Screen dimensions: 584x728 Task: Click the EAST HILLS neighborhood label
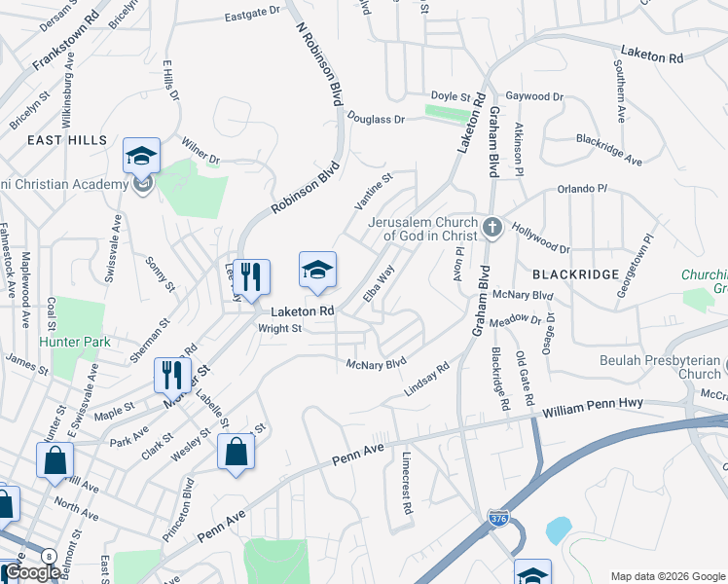[x=67, y=140]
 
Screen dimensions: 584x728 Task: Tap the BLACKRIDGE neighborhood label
[x=575, y=274]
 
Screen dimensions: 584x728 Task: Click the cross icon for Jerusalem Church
[x=492, y=228]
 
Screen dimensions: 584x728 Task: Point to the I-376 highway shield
[x=498, y=519]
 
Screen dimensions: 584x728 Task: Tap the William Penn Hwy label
[x=595, y=412]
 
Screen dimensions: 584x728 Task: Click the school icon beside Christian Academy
[x=141, y=156]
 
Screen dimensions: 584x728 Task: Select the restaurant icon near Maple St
[x=170, y=374]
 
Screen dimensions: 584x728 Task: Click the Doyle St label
[x=451, y=97]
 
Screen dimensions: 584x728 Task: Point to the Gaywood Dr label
[x=535, y=97]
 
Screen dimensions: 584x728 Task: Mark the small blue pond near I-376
[x=558, y=529]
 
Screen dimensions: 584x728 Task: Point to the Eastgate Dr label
[x=251, y=17]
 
